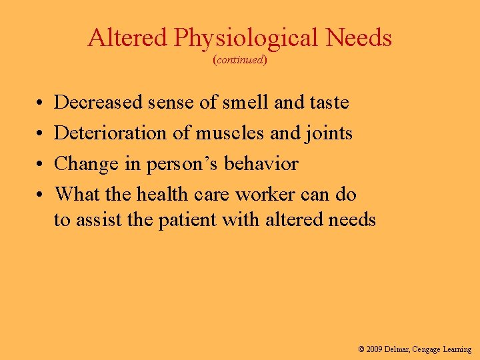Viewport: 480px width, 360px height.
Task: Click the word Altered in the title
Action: point(127,38)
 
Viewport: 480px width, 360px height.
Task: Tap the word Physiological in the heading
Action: point(246,39)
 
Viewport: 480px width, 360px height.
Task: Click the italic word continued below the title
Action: point(240,60)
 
